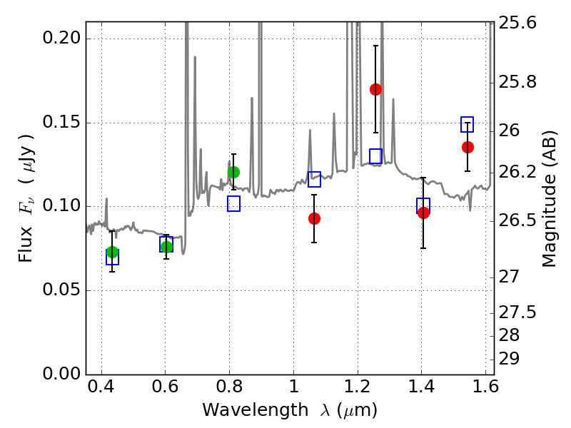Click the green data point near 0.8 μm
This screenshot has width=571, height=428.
tap(233, 172)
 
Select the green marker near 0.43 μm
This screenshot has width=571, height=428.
tap(112, 252)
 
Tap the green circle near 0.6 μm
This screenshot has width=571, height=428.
tap(166, 247)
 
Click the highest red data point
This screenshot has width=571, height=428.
tap(375, 89)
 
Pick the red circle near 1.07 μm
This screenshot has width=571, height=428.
tap(314, 218)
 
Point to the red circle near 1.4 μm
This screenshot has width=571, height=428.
tap(423, 213)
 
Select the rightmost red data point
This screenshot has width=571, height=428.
tap(468, 147)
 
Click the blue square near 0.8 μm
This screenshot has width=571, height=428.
tap(233, 204)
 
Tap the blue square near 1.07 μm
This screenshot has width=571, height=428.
tap(314, 179)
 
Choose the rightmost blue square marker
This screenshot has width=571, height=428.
tap(468, 125)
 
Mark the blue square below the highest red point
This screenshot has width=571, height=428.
tap(375, 156)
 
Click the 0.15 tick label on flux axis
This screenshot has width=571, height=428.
tap(61, 123)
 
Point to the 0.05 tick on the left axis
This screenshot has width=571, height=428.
tap(61, 290)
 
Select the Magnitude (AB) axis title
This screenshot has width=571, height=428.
tap(550, 198)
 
